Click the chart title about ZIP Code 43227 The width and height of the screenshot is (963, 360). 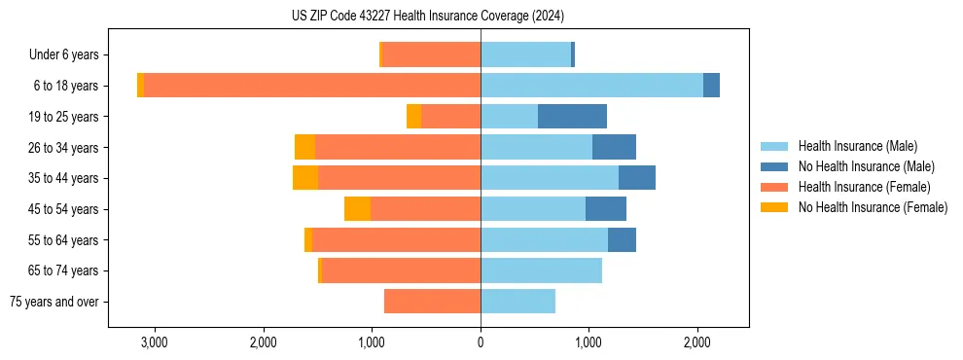[427, 17]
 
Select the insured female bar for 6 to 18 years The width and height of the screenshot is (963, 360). [312, 86]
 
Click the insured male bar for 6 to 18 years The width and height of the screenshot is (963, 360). [591, 86]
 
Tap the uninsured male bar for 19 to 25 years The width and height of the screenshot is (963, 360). [572, 117]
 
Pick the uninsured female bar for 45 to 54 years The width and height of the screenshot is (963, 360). [357, 209]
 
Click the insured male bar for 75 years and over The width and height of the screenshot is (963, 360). [517, 302]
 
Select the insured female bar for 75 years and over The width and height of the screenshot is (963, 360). [432, 302]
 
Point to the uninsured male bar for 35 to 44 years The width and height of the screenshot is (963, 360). [636, 178]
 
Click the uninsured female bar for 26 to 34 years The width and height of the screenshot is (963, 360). [304, 148]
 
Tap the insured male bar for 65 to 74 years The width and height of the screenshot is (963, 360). [541, 270]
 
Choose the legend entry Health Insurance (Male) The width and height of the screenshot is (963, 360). [857, 146]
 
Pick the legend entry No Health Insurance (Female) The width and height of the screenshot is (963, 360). [873, 207]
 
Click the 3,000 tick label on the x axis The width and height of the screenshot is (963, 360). [155, 342]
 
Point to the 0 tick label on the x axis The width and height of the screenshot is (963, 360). [481, 342]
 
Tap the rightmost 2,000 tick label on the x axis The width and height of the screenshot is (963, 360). [696, 342]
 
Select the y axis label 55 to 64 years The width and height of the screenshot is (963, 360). [64, 240]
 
